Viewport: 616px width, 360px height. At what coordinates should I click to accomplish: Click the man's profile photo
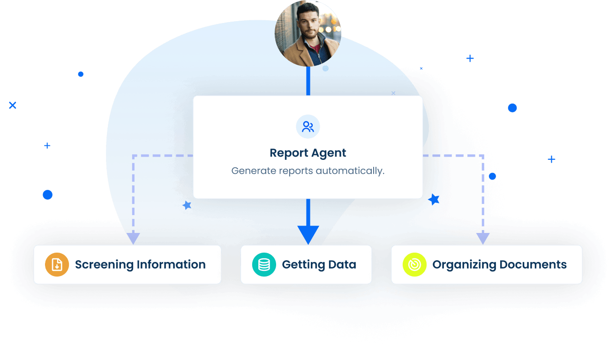pyautogui.click(x=308, y=33)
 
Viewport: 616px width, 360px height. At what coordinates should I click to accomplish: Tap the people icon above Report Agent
pyautogui.click(x=308, y=127)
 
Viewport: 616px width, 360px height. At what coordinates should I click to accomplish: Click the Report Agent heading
pyautogui.click(x=308, y=153)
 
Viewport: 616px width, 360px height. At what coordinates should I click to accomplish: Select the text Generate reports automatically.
pyautogui.click(x=308, y=171)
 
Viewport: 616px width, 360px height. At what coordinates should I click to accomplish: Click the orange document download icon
pyautogui.click(x=57, y=264)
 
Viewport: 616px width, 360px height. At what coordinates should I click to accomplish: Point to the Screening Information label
pyautogui.click(x=140, y=264)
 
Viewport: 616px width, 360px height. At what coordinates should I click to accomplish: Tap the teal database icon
pyautogui.click(x=264, y=264)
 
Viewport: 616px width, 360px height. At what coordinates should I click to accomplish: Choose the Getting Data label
pyautogui.click(x=319, y=264)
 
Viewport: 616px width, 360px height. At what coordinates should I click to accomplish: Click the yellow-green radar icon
pyautogui.click(x=414, y=264)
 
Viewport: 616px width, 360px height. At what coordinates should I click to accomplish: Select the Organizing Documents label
pyautogui.click(x=499, y=264)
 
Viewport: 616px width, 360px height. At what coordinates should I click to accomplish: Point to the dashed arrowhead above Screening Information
pyautogui.click(x=134, y=239)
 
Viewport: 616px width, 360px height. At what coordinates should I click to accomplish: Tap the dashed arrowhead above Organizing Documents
pyautogui.click(x=483, y=239)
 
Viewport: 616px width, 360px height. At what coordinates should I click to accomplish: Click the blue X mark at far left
pyautogui.click(x=13, y=105)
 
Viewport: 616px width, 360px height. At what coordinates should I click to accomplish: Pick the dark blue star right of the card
pyautogui.click(x=434, y=199)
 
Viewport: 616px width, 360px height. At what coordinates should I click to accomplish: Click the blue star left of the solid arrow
pyautogui.click(x=187, y=205)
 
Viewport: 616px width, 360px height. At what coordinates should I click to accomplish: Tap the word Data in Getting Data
pyautogui.click(x=342, y=264)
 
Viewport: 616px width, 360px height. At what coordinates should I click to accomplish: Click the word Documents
pyautogui.click(x=533, y=264)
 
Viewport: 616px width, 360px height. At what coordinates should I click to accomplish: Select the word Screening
pyautogui.click(x=104, y=265)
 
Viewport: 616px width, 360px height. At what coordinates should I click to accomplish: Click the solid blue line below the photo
pyautogui.click(x=308, y=81)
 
